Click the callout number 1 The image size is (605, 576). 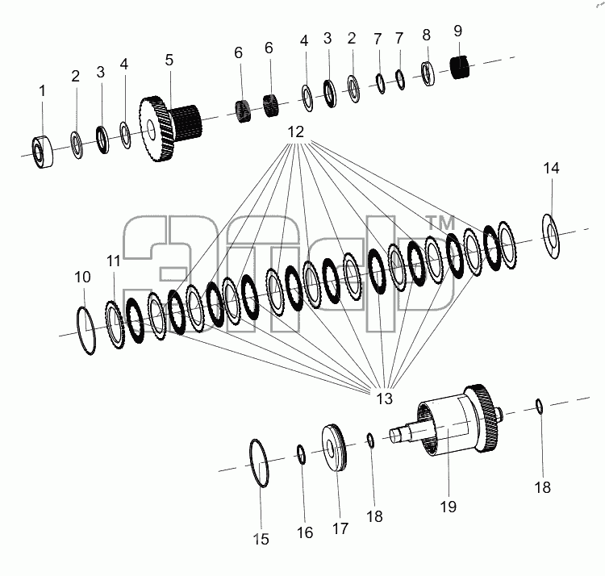click(x=43, y=91)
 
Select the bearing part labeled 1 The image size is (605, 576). click(x=42, y=152)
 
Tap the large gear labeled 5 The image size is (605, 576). click(x=169, y=128)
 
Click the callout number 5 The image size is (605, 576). click(x=169, y=61)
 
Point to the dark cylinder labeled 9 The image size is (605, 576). click(x=460, y=67)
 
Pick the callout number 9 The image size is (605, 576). click(x=457, y=31)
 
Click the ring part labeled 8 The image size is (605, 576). click(x=427, y=73)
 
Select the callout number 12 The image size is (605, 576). click(x=296, y=132)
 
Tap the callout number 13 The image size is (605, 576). click(x=384, y=399)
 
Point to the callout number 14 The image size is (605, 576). click(x=551, y=169)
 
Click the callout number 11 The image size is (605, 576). click(x=114, y=261)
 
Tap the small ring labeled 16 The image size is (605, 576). click(x=302, y=454)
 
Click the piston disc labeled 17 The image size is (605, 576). click(x=334, y=448)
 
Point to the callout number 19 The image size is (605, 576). click(x=449, y=507)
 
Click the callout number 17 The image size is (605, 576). click(x=340, y=528)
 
